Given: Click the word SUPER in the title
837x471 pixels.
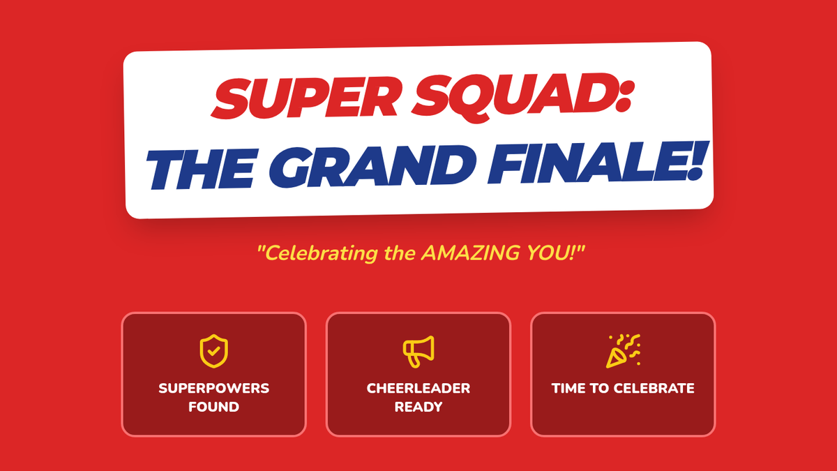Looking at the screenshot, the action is point(306,98).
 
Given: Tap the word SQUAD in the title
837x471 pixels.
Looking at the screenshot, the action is point(515,96).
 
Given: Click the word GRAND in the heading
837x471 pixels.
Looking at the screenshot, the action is point(372,165).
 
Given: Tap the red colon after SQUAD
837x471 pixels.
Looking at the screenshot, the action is point(626,94).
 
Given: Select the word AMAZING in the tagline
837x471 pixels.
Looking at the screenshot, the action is point(470,253).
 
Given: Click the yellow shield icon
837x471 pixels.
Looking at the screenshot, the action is point(213,351).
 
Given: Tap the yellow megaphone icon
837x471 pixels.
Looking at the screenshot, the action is point(418,352).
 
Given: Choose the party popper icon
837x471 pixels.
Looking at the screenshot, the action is point(623,351).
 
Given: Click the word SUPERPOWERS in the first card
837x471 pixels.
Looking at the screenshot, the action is point(213,388).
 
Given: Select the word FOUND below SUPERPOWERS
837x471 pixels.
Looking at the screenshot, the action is point(213,407).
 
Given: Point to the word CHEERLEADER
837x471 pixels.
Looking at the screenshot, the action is point(418,388).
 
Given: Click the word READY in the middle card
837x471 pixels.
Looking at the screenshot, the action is point(418,407).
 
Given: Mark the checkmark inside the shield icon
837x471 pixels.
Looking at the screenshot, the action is point(213,351).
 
